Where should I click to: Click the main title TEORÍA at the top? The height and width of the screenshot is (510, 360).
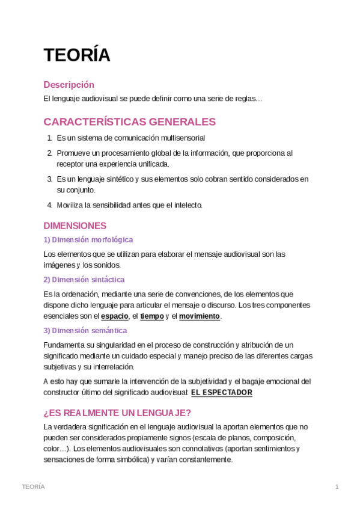click(x=77, y=55)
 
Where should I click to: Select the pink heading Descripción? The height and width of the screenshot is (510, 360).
click(x=69, y=85)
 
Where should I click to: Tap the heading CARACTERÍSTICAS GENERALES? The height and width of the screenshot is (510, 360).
click(x=130, y=122)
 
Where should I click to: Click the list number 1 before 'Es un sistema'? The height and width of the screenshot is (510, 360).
click(x=49, y=138)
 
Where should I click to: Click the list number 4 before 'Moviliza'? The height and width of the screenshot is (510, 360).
click(x=50, y=205)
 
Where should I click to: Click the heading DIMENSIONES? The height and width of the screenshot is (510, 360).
click(x=75, y=226)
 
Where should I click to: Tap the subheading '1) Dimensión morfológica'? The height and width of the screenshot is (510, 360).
click(x=88, y=239)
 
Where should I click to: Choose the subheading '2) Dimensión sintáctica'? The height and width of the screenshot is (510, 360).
click(x=84, y=280)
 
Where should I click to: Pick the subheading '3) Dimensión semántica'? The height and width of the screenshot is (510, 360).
click(x=85, y=330)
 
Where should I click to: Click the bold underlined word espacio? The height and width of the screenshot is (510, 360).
click(x=114, y=316)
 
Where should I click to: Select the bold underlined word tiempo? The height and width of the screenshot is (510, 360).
click(x=152, y=316)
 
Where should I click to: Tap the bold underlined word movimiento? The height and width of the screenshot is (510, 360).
click(x=200, y=316)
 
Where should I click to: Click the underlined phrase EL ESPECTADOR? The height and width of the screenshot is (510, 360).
click(x=222, y=393)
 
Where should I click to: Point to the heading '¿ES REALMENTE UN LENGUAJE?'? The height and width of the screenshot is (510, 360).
click(x=117, y=413)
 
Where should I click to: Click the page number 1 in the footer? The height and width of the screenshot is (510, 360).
click(x=337, y=487)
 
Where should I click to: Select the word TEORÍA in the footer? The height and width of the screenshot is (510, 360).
click(x=33, y=487)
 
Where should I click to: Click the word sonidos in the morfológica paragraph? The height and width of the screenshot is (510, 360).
click(x=108, y=265)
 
